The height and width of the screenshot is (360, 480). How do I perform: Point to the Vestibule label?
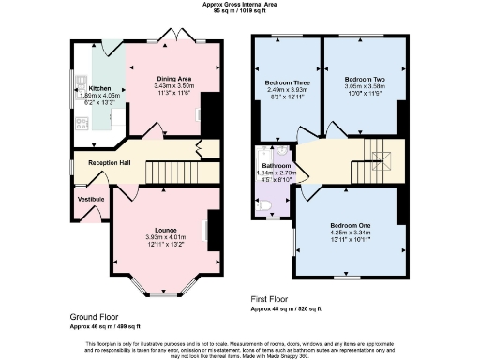[x=89, y=199]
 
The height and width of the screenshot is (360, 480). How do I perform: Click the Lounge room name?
[x=167, y=229]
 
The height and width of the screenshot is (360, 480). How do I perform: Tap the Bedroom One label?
[x=348, y=226]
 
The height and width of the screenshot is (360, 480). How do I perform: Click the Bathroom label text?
[x=277, y=165]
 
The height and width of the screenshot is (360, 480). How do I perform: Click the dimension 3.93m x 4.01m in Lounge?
[x=167, y=237]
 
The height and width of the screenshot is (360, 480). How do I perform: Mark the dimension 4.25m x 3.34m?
[x=348, y=234]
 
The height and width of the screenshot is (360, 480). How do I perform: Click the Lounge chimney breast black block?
[x=213, y=225]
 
